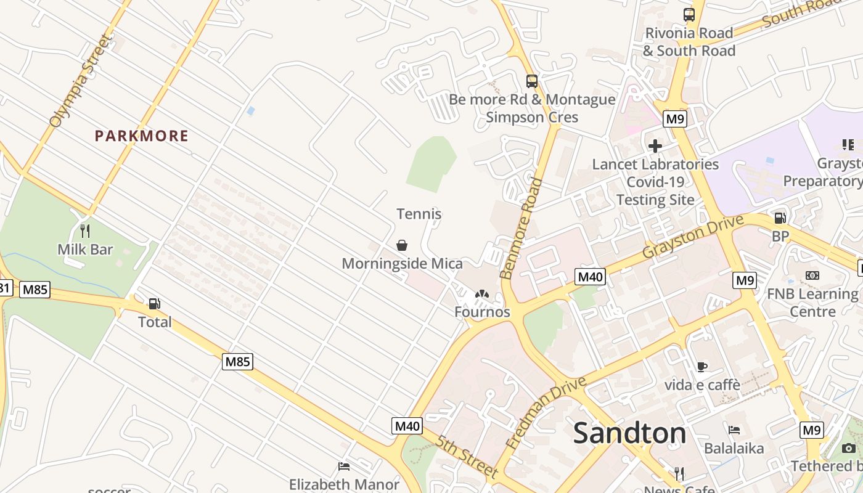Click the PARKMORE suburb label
(x=141, y=136)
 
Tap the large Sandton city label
(x=629, y=433)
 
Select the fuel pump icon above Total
(x=154, y=303)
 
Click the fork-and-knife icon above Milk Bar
(x=85, y=231)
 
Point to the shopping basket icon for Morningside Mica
(x=402, y=245)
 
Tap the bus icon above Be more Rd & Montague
(x=531, y=81)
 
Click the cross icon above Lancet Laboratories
(x=655, y=146)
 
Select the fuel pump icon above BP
(x=780, y=218)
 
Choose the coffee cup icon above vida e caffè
(x=701, y=367)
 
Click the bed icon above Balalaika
(x=734, y=430)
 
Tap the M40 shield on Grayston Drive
(x=589, y=277)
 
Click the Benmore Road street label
(x=521, y=228)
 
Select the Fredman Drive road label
(x=546, y=412)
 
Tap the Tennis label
(x=419, y=214)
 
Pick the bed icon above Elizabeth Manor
(x=344, y=467)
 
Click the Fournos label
(x=482, y=312)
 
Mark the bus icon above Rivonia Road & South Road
(x=689, y=14)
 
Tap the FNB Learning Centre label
(x=812, y=303)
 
